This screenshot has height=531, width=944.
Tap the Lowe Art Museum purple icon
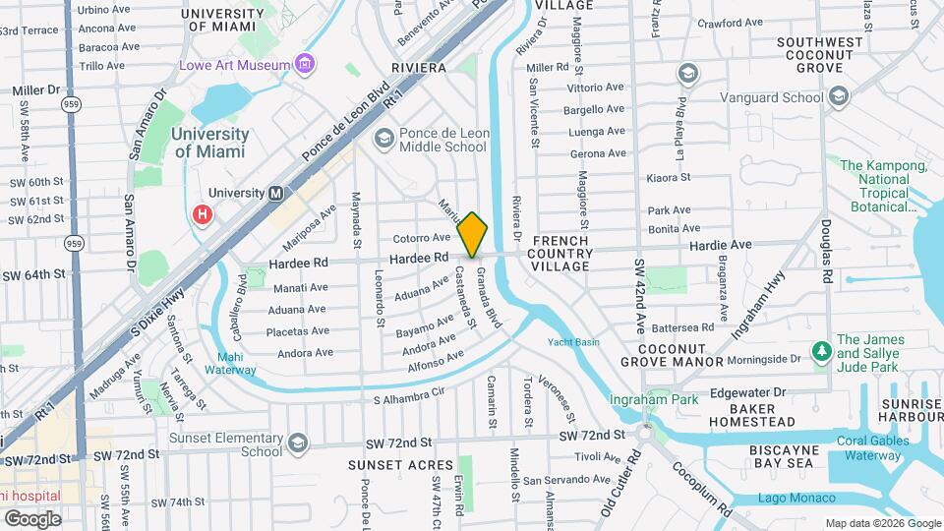tap(306, 65)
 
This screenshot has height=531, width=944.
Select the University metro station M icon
tap(276, 194)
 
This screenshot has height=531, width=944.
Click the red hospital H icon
tap(204, 213)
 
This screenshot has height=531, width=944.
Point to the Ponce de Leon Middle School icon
tap(382, 140)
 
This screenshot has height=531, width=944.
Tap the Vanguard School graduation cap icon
tap(838, 96)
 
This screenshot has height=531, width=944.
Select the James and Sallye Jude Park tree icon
tap(820, 350)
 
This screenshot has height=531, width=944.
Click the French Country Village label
tap(561, 254)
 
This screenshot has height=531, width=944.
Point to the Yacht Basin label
tap(573, 342)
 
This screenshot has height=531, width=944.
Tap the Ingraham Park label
tap(653, 399)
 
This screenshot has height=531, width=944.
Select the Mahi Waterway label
tap(230, 364)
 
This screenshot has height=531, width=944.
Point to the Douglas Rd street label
tap(825, 247)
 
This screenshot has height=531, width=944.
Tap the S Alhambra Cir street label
tap(410, 400)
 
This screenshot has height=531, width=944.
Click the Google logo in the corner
tap(32, 518)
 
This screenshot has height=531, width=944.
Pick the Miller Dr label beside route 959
tap(36, 89)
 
